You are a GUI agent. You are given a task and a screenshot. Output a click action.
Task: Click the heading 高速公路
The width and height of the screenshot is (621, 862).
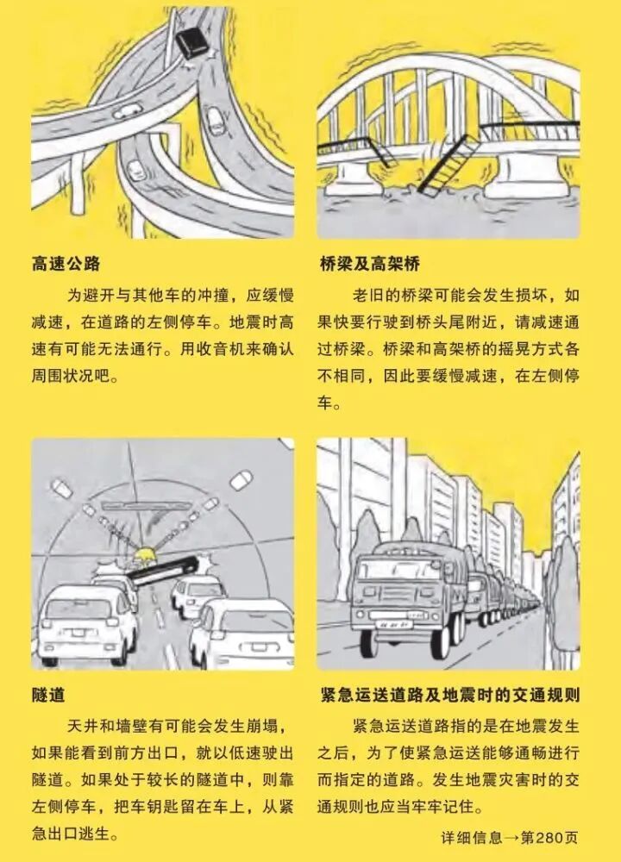click(x=66, y=263)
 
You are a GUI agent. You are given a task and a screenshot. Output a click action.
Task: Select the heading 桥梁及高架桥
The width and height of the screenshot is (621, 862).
click(x=370, y=263)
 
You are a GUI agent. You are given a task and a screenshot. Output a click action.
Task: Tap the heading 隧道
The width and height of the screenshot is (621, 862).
click(x=48, y=695)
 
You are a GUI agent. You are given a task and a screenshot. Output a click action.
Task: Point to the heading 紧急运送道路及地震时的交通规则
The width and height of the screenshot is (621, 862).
click(x=449, y=695)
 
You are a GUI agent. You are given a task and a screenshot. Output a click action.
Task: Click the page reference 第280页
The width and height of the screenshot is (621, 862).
click(x=549, y=837)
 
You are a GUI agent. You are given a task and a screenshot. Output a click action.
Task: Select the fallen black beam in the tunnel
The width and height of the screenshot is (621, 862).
click(x=163, y=572)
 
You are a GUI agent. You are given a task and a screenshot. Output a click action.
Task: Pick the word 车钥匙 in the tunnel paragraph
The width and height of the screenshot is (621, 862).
click(x=155, y=807)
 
